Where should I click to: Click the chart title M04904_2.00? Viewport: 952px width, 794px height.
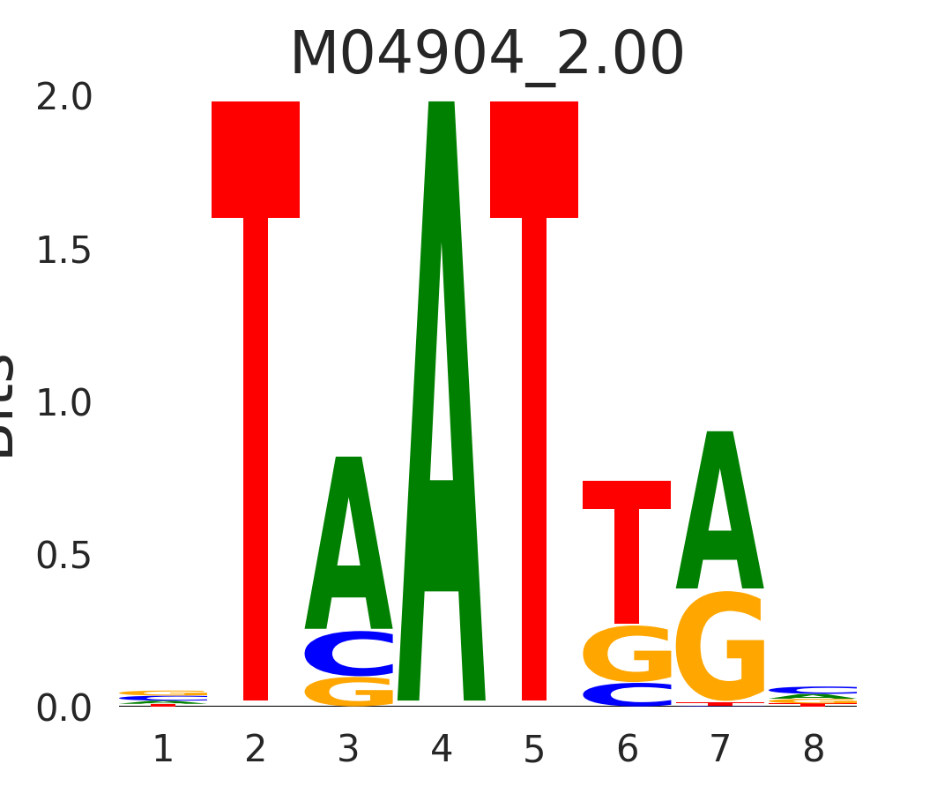tap(487, 55)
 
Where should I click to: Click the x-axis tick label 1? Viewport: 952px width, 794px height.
tap(162, 750)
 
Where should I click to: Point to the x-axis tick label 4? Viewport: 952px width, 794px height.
tap(441, 750)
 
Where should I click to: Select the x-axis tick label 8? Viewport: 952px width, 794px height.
tap(813, 750)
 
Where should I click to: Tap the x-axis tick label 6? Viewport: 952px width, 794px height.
tap(627, 750)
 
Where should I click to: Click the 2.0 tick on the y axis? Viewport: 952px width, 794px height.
tap(64, 98)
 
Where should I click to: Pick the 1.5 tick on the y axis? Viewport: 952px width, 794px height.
tap(64, 251)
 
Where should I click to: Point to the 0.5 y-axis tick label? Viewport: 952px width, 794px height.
tap(64, 556)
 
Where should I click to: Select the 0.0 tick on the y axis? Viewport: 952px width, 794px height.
tap(64, 708)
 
